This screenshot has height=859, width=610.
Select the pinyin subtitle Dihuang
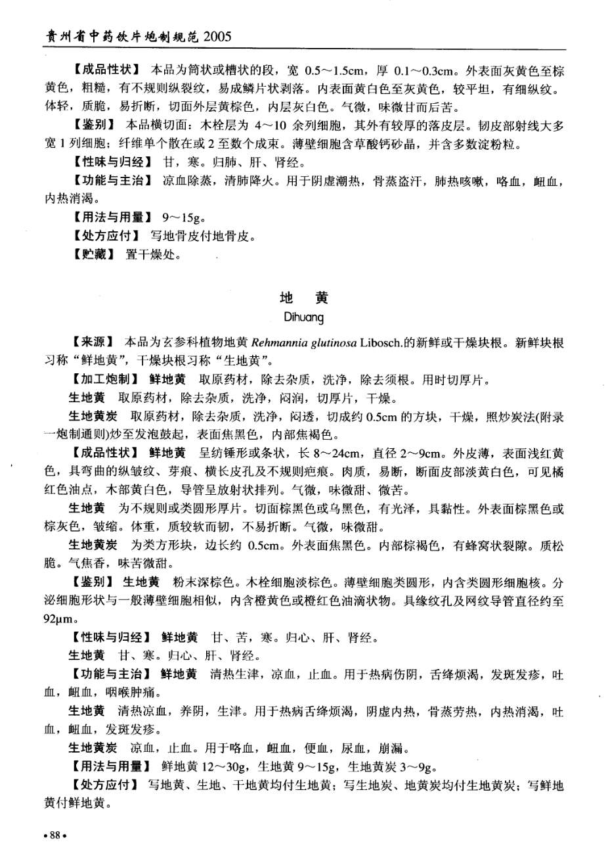pyautogui.click(x=304, y=318)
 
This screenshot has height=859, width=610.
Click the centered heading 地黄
pyautogui.click(x=304, y=298)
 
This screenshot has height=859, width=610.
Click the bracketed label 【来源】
pyautogui.click(x=92, y=342)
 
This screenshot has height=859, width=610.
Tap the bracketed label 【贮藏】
pyautogui.click(x=92, y=254)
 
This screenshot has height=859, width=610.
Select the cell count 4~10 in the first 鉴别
pyautogui.click(x=274, y=125)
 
